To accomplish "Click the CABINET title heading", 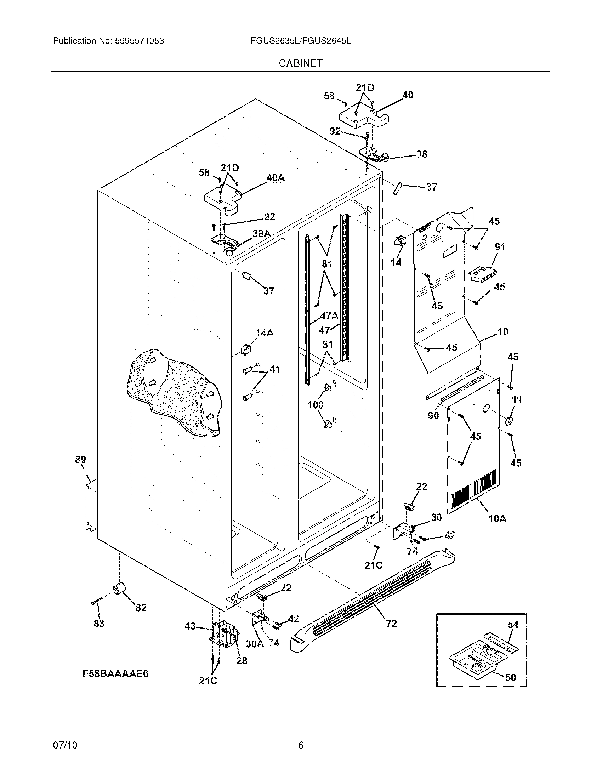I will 301,63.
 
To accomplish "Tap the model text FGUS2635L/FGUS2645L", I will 301,41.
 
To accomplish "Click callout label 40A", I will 275,178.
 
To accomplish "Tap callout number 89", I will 81,460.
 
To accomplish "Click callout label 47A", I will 329,315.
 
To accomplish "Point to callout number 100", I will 316,404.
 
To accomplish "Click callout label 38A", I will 261,234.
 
